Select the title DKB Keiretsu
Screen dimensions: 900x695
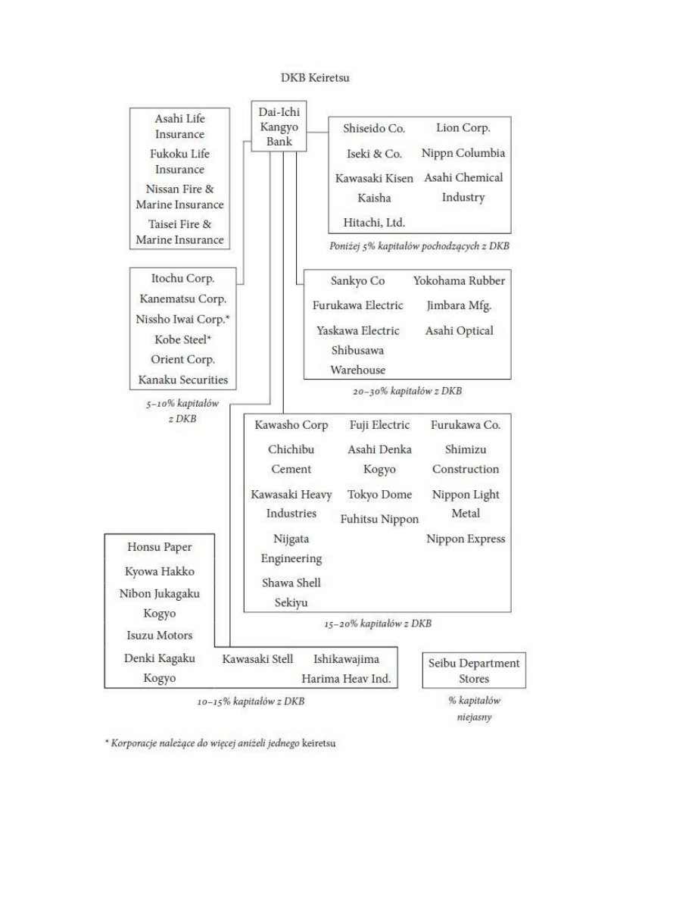click(x=311, y=79)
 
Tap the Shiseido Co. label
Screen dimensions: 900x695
click(x=369, y=128)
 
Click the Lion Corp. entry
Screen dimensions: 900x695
click(x=463, y=128)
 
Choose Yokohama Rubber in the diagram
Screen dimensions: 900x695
click(x=459, y=281)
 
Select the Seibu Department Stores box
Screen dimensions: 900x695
click(x=474, y=670)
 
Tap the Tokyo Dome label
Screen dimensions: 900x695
click(x=380, y=495)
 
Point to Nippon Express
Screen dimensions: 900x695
click(x=466, y=539)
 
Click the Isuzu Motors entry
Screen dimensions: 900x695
click(x=159, y=635)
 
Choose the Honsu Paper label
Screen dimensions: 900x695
click(x=159, y=547)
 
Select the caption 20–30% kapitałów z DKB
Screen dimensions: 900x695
click(x=407, y=391)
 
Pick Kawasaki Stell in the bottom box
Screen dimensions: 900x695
click(x=257, y=659)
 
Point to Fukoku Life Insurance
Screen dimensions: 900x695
click(x=179, y=161)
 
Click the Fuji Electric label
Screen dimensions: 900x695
click(x=380, y=425)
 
